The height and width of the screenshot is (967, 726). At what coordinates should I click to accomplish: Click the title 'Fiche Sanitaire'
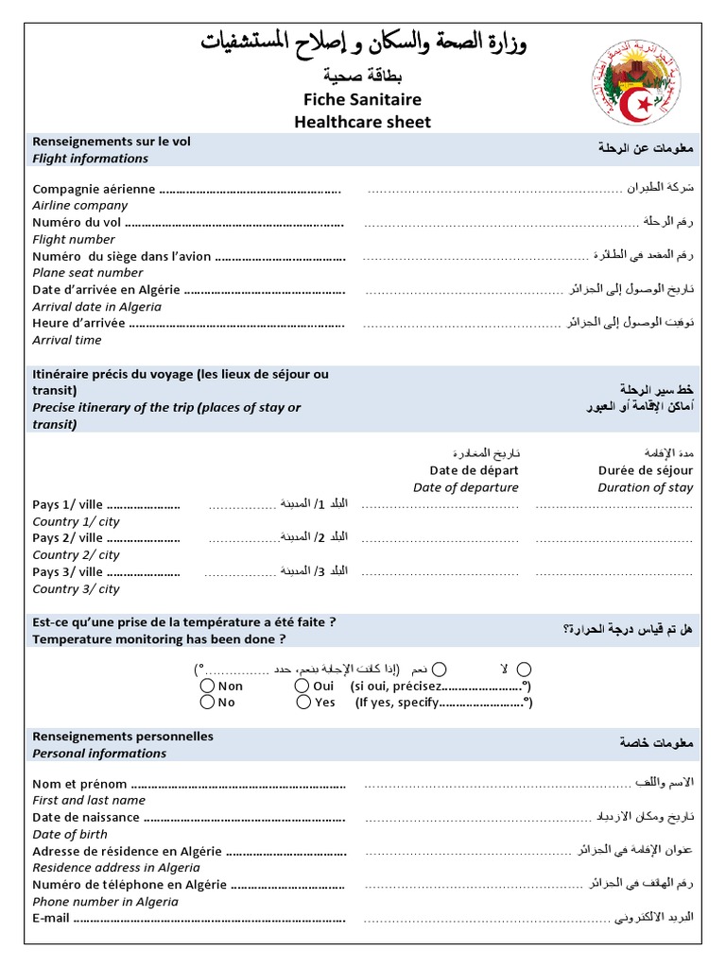pos(362,99)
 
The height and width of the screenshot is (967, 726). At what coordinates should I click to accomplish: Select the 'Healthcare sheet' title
pos(362,122)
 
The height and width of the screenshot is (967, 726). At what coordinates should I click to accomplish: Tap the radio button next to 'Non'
pos(208,686)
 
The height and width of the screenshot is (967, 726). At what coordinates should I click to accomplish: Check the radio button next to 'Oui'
pos(302,686)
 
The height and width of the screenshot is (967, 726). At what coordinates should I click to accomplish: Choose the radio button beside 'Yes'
pos(303,702)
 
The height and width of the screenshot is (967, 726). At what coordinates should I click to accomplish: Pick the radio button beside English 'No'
pos(208,702)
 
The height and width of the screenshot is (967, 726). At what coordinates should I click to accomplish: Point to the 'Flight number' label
pos(74,240)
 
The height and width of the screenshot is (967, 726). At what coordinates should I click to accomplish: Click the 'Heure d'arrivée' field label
pos(78,323)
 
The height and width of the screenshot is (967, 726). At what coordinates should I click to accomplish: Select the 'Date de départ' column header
pos(474,470)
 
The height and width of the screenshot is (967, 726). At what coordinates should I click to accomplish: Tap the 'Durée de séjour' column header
pos(645,470)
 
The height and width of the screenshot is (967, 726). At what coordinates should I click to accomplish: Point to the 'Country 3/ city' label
pos(76,588)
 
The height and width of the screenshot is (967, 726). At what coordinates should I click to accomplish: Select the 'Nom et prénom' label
pos(79,783)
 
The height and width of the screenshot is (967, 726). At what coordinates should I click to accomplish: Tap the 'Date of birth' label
pos(70,834)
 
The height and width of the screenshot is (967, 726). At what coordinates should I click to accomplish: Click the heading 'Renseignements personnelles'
pos(123,737)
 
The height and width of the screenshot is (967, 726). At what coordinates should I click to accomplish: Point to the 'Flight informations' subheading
pos(90,159)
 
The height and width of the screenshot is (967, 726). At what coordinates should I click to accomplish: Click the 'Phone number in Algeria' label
pos(105,901)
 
